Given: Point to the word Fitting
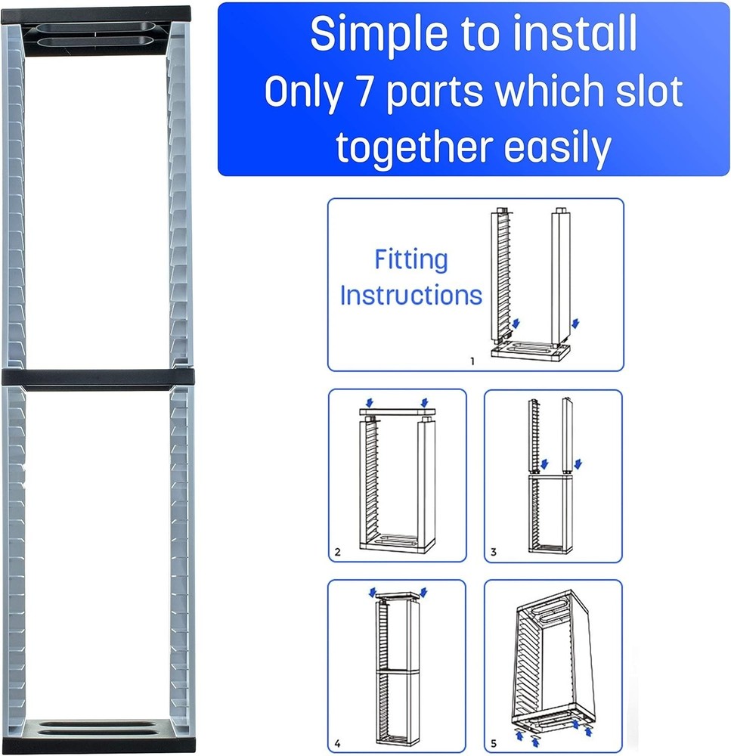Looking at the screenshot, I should (x=410, y=260).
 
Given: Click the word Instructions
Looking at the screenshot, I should (x=410, y=295).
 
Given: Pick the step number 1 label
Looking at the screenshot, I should (x=472, y=361).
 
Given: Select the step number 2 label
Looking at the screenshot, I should (x=337, y=552).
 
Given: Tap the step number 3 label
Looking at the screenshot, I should (x=493, y=552).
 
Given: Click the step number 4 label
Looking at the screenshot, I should (x=337, y=743).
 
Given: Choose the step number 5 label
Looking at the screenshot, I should (x=493, y=743).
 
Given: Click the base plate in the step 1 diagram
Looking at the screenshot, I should (x=529, y=353).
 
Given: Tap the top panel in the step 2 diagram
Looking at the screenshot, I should (x=398, y=411).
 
